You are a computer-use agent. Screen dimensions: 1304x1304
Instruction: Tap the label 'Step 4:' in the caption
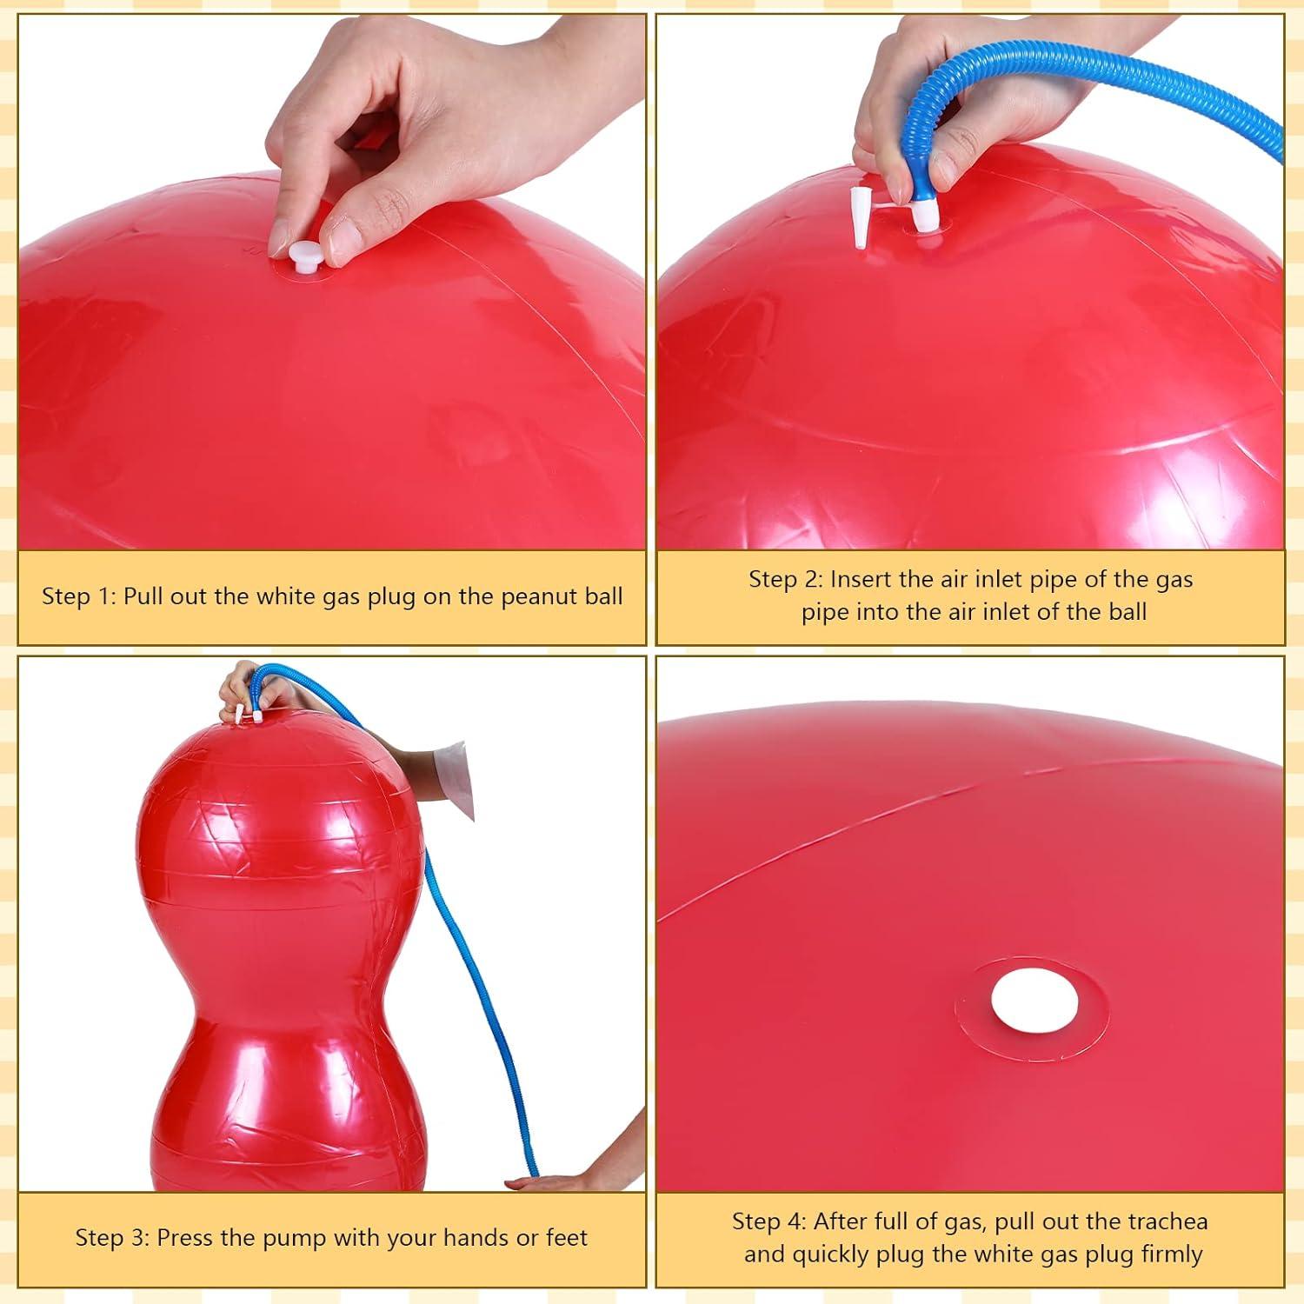[768, 1221]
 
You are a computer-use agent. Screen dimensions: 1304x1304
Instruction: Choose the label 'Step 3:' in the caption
[111, 1237]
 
